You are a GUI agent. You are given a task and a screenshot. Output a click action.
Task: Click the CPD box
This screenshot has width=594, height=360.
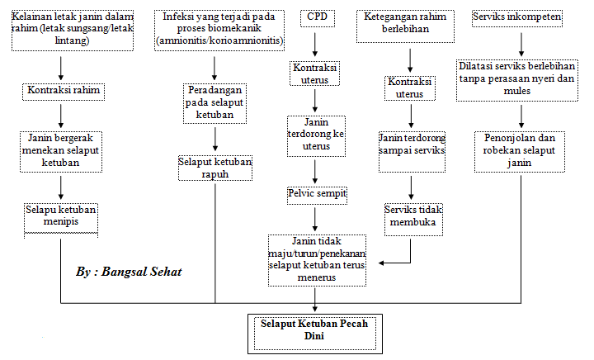click(x=318, y=18)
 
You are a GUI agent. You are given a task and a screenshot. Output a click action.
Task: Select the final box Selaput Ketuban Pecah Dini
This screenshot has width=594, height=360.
click(x=315, y=334)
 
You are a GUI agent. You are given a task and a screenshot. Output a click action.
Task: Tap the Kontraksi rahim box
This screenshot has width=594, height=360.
click(x=64, y=92)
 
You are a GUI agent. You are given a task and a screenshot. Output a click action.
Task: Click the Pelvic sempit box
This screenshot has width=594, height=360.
click(x=317, y=196)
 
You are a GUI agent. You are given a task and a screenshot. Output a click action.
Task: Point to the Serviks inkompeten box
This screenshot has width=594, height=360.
click(x=517, y=18)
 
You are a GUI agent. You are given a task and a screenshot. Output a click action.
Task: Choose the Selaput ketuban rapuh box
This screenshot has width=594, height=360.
click(x=215, y=168)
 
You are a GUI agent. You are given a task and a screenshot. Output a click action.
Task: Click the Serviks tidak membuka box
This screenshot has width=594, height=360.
click(x=413, y=220)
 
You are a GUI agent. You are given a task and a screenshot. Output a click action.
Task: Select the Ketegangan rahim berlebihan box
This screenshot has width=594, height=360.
click(x=405, y=26)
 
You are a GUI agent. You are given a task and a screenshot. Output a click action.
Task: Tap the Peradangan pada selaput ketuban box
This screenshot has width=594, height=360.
click(x=214, y=104)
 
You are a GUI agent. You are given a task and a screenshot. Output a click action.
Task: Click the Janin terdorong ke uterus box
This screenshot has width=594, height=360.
click(x=316, y=136)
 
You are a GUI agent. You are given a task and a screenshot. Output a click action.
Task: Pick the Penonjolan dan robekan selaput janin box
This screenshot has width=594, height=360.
click(x=520, y=152)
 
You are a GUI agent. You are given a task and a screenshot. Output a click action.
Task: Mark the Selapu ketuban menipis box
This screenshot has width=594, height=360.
click(x=61, y=220)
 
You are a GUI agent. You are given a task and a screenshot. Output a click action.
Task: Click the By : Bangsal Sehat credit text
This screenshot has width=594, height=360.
click(x=129, y=272)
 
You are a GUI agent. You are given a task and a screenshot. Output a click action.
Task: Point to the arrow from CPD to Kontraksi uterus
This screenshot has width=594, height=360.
click(x=315, y=45)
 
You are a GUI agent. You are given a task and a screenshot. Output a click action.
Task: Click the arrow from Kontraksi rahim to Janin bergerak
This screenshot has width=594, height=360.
click(x=61, y=116)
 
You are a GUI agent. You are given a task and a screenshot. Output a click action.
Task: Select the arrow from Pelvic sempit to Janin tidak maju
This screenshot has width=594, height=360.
click(x=315, y=220)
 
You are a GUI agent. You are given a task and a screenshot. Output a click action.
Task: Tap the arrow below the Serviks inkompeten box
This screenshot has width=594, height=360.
click(x=521, y=45)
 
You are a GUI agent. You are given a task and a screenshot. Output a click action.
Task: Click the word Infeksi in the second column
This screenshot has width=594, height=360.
click(x=177, y=17)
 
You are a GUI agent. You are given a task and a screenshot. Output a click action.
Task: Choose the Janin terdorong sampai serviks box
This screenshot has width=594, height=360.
click(x=412, y=152)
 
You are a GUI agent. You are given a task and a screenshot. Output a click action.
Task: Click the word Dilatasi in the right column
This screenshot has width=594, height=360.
click(x=474, y=66)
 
